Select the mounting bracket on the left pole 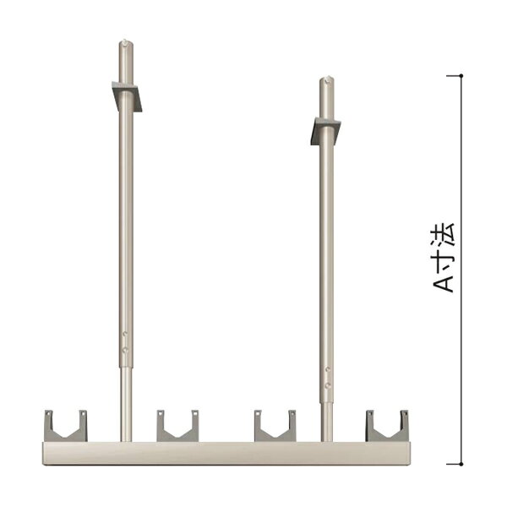click(x=127, y=95)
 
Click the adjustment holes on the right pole click(x=326, y=375)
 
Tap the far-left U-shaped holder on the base click(x=66, y=426)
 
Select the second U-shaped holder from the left click(x=177, y=426)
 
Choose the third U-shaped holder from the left click(x=275, y=426)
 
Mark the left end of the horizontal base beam click(x=45, y=452)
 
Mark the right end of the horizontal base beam click(x=408, y=452)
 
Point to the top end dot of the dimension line click(x=461, y=76)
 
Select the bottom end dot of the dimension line click(x=461, y=463)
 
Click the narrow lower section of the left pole click(x=125, y=406)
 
